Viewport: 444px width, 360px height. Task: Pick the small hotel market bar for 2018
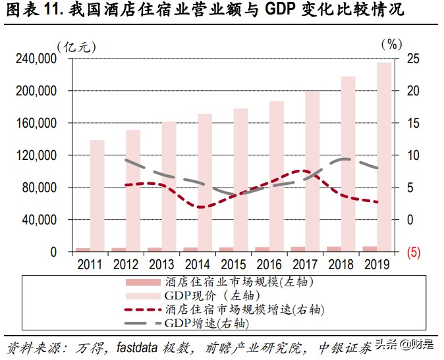point(335,249)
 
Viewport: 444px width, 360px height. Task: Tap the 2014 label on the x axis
point(198,265)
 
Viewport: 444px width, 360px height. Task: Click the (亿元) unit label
point(76,45)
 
